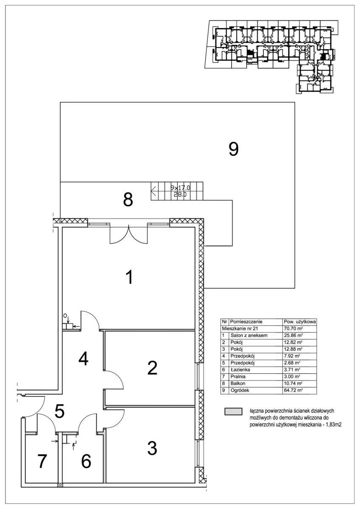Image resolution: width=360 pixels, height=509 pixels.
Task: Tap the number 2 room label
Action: click(x=152, y=368)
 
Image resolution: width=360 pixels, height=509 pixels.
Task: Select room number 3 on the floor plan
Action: click(x=152, y=447)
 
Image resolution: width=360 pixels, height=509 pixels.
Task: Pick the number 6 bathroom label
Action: click(x=86, y=461)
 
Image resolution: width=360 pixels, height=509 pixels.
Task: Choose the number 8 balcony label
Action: click(x=128, y=199)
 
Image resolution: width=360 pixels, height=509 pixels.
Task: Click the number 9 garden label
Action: click(x=234, y=149)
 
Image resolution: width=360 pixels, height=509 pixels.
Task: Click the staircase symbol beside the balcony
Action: click(x=177, y=191)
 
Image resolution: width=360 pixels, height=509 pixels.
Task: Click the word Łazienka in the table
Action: click(x=240, y=370)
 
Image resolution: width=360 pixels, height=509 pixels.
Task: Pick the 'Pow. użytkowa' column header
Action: click(x=299, y=322)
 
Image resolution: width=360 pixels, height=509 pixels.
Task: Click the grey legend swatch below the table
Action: click(x=233, y=411)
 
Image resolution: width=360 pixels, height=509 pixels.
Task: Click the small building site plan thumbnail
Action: click(x=271, y=55)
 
